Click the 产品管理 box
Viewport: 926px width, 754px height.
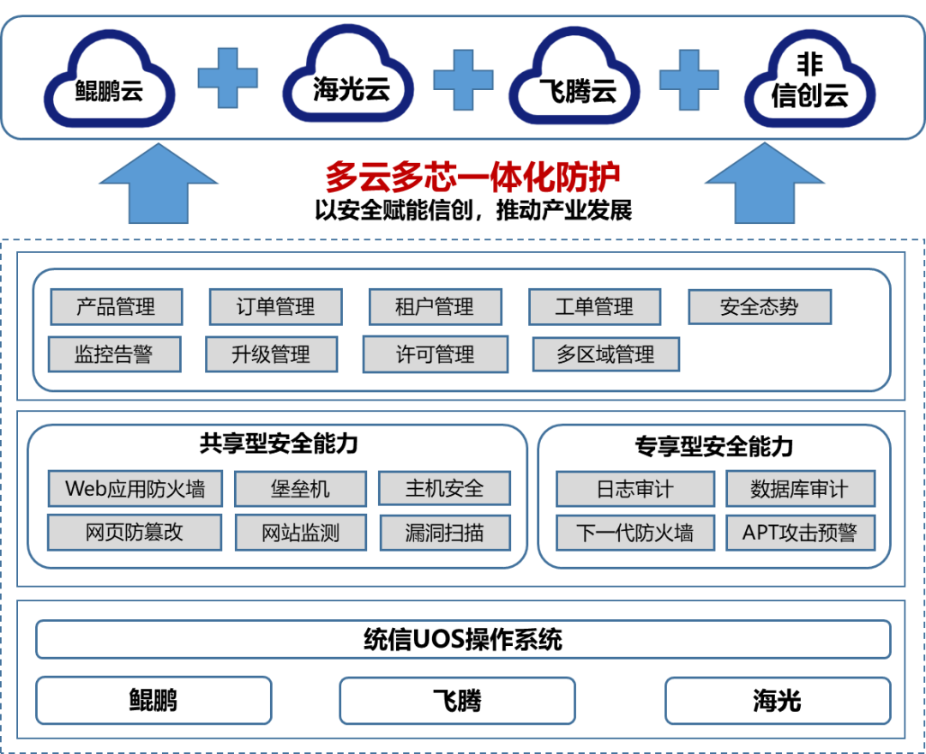[116, 307]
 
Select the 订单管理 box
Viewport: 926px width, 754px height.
[275, 307]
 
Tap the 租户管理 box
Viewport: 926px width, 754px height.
[435, 307]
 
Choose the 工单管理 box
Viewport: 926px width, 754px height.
[594, 307]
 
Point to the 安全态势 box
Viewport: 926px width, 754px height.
[759, 307]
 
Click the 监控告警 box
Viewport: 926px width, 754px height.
[114, 354]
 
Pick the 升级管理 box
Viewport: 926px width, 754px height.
[271, 354]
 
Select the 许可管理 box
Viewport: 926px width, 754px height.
[435, 354]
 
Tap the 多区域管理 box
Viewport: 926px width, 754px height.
[605, 354]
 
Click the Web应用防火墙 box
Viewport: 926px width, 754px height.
[135, 489]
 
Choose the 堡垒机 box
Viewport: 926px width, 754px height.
[300, 489]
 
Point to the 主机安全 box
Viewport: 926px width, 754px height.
[444, 489]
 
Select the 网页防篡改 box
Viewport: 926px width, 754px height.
[135, 533]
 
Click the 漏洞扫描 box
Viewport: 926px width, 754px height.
[444, 533]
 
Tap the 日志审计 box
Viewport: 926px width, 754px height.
[634, 489]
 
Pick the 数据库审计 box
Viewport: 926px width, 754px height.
[799, 489]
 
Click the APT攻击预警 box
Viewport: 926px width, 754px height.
[799, 533]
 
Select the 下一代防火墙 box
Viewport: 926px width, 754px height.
[634, 533]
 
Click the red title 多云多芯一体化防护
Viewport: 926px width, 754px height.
[472, 178]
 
